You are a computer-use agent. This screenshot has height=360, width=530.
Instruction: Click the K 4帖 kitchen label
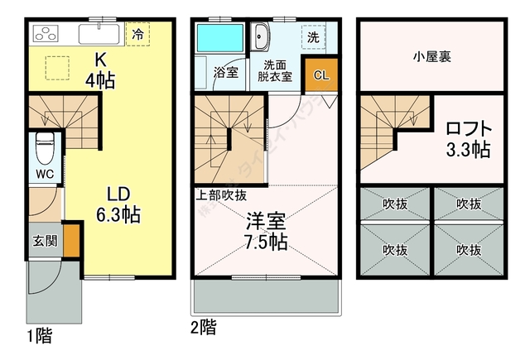100,70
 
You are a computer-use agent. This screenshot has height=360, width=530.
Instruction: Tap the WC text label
44,174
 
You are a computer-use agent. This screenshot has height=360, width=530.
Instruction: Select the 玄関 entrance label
44,241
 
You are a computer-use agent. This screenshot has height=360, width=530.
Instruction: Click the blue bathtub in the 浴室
219,38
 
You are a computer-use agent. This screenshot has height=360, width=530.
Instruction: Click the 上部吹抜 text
221,195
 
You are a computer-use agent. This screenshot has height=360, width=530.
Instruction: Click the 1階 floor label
39,336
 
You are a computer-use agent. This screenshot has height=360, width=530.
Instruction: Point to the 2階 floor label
204,328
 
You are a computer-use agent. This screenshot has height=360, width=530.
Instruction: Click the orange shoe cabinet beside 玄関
72,239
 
